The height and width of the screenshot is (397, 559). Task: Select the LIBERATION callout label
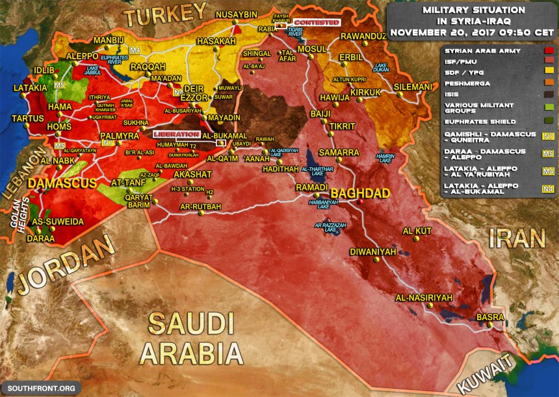tap(174, 133)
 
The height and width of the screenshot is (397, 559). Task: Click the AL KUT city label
tap(417, 231)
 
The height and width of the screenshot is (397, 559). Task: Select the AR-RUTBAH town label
tap(201, 207)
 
